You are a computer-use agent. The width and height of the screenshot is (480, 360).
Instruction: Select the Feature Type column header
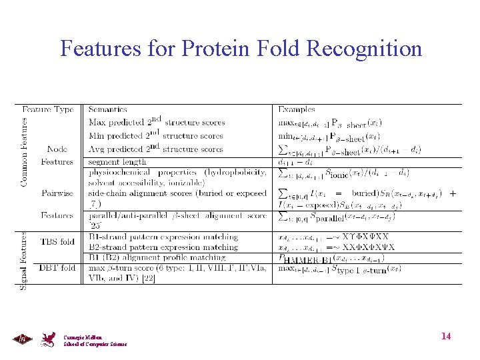[48, 109]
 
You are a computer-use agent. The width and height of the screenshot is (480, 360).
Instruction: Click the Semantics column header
[108, 109]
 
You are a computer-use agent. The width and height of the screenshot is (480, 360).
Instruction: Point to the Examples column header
[297, 109]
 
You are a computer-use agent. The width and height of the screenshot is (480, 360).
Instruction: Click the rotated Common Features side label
[24, 152]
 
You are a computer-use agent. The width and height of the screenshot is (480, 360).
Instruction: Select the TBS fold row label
[58, 241]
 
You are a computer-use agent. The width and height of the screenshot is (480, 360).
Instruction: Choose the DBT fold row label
[58, 268]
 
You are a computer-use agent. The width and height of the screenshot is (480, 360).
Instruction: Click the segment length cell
[117, 162]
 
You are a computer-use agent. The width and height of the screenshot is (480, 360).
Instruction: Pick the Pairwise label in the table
[57, 193]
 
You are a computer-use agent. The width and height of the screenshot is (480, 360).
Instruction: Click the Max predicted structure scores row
[157, 122]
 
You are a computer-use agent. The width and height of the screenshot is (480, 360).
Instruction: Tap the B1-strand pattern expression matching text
[163, 237]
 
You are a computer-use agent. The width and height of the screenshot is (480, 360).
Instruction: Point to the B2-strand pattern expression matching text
[163, 247]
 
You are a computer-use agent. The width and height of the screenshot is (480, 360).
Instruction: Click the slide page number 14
[446, 336]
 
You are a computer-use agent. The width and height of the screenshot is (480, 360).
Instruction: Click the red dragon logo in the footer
[49, 339]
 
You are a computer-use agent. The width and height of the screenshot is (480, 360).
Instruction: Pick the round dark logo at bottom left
[22, 339]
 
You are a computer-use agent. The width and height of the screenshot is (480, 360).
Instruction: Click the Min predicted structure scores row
[156, 135]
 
